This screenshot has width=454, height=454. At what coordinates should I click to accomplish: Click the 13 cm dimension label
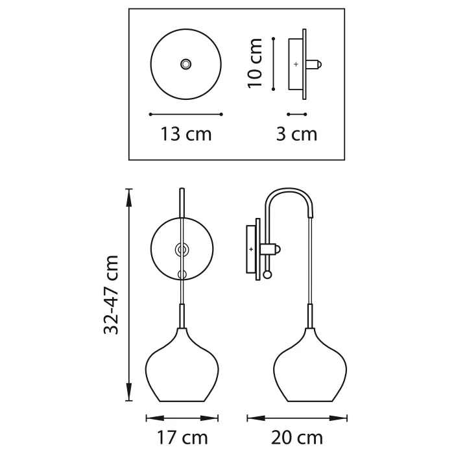[186, 134]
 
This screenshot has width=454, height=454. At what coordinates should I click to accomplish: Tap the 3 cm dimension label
[296, 134]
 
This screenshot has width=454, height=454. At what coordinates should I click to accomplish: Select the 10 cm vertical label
[256, 63]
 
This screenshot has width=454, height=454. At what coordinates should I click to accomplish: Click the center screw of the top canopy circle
[186, 64]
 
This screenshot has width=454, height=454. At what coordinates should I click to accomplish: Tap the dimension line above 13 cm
[186, 114]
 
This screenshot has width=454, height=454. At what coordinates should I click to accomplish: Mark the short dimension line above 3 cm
[296, 114]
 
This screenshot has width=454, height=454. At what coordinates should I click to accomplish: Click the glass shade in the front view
[182, 370]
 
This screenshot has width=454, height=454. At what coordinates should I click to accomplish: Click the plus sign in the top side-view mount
[296, 64]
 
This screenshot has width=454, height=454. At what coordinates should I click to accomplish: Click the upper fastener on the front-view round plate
[182, 248]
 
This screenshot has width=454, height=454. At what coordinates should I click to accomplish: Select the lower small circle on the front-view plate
[182, 274]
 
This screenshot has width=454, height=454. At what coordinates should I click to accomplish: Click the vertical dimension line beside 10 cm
[274, 63]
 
